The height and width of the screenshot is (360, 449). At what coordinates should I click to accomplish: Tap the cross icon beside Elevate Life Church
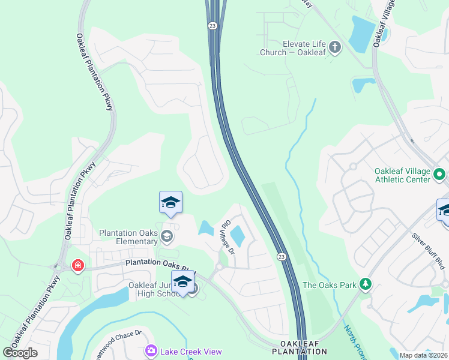(x=335, y=47)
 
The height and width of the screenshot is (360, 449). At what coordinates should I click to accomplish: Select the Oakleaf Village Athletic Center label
(x=403, y=175)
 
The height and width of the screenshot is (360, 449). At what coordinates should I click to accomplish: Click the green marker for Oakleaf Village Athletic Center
(x=439, y=175)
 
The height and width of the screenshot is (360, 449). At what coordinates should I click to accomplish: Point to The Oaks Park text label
(x=329, y=285)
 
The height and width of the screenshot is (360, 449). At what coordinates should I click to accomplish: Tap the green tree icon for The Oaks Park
(x=364, y=284)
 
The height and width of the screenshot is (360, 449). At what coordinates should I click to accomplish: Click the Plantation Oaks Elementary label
(x=128, y=237)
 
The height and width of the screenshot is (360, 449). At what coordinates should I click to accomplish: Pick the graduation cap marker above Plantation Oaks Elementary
(x=170, y=203)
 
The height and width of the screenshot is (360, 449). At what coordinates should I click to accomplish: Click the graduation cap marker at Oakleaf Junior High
(x=182, y=282)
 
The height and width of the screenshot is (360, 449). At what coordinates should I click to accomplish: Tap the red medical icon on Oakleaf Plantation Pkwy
(x=77, y=265)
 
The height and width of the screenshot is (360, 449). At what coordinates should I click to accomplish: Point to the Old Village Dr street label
(x=227, y=236)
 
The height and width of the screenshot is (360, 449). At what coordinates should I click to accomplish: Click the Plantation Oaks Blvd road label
(x=160, y=264)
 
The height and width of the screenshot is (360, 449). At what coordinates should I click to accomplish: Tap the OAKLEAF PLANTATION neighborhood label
(x=300, y=347)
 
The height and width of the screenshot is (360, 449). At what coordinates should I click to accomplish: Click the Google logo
(x=20, y=352)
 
